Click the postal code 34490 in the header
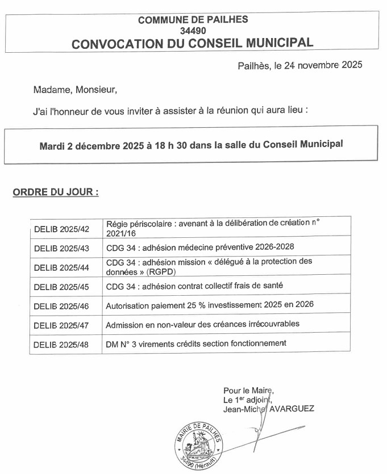pyautogui.click(x=193, y=30)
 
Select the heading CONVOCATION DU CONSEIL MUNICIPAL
pyautogui.click(x=193, y=43)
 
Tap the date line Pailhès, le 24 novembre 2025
pyautogui.click(x=299, y=65)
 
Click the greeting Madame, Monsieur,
pyautogui.click(x=75, y=90)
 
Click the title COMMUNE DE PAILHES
pyautogui.click(x=193, y=19)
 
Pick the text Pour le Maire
pyautogui.click(x=248, y=391)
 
